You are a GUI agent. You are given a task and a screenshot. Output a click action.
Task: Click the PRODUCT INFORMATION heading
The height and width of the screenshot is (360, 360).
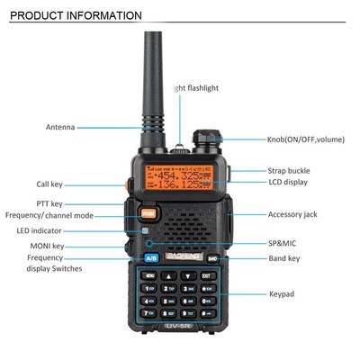(76, 15)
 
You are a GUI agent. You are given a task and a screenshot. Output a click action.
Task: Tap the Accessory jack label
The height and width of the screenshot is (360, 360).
(292, 214)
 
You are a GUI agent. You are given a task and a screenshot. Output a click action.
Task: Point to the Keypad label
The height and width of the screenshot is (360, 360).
(282, 293)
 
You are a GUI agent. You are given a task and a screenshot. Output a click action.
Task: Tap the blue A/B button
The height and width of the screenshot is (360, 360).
(150, 259)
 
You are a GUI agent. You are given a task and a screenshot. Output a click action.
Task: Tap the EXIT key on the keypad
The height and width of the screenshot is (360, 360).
(206, 275)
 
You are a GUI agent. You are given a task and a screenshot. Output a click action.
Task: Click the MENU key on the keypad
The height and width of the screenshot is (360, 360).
(149, 275)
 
